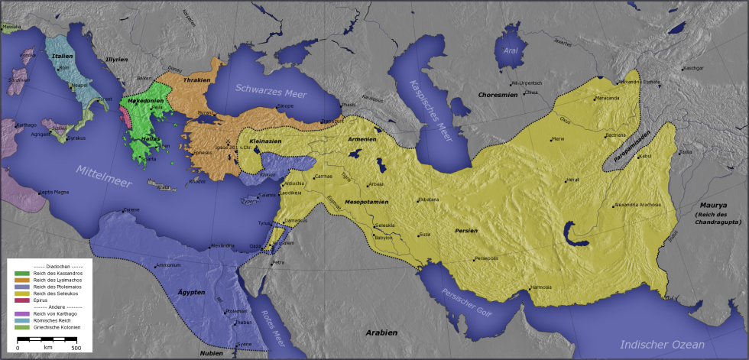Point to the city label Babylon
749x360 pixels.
[x=384, y=238]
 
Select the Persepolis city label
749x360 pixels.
[x=487, y=258]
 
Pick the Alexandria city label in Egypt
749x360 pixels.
[x=223, y=245]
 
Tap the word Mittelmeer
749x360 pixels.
[x=106, y=175]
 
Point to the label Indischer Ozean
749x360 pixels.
[x=662, y=344]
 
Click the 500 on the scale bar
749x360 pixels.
[x=76, y=347]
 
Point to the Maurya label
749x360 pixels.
[x=712, y=206]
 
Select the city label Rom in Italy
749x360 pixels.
[x=64, y=68]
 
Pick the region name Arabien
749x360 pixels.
[x=381, y=332]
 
